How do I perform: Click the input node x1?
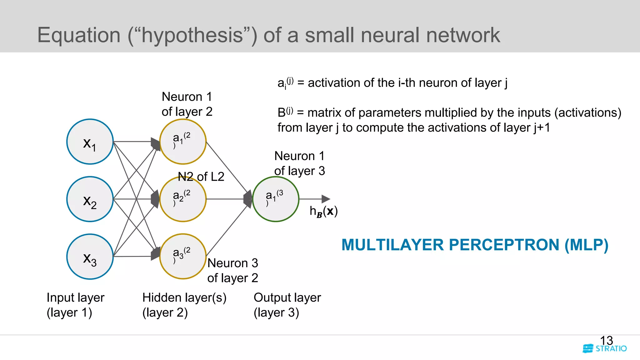tap(90, 142)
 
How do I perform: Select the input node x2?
tap(90, 199)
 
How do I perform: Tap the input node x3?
tap(90, 257)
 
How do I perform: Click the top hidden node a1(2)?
tap(183, 142)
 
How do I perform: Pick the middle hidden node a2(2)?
tap(183, 199)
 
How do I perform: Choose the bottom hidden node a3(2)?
tap(183, 257)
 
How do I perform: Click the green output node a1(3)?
tap(276, 199)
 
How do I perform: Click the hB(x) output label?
tap(323, 212)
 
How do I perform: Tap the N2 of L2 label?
tap(201, 177)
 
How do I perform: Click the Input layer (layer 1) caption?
tap(75, 305)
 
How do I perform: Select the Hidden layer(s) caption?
tap(184, 305)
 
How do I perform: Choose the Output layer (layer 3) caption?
tap(287, 305)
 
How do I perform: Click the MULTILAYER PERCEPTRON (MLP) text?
tap(475, 245)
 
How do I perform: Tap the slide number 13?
tap(606, 340)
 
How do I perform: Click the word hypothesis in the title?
tap(192, 35)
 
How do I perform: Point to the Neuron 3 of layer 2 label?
tap(232, 270)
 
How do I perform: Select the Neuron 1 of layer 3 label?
tap(299, 163)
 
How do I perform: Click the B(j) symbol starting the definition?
tap(285, 112)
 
